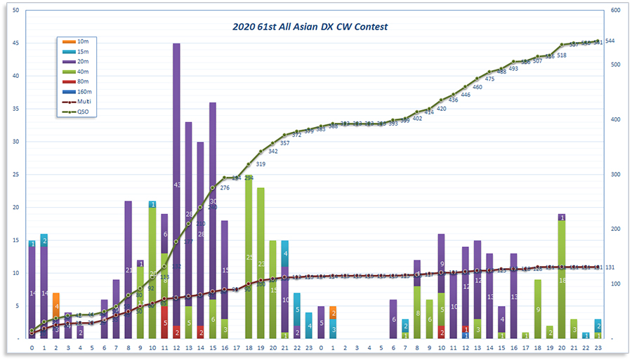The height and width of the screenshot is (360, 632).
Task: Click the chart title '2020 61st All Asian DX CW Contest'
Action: coord(310,27)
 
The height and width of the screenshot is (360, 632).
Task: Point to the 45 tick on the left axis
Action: coord(15,43)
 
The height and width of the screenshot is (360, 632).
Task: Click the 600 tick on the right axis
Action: coord(616,11)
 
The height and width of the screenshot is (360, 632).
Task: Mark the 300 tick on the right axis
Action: coord(616,175)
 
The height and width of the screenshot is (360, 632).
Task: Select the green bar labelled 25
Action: coord(249,257)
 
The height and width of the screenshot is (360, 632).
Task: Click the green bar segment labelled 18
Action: coord(562,279)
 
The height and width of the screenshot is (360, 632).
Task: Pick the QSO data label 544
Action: coord(610,41)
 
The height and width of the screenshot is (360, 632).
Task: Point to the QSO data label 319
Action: coord(261,164)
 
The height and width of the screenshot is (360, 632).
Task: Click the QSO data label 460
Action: coord(478,88)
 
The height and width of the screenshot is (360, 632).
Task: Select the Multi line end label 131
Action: coord(610,267)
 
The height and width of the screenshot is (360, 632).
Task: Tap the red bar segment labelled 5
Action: coord(164,323)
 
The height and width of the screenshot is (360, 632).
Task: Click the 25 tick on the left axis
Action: coord(15,175)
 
